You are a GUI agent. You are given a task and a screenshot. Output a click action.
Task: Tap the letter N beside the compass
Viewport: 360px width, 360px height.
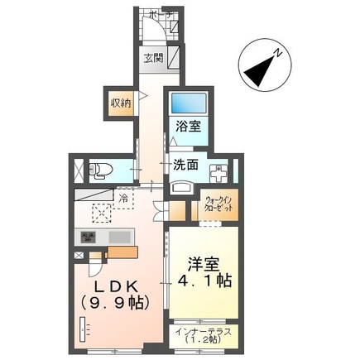click(x=279, y=52)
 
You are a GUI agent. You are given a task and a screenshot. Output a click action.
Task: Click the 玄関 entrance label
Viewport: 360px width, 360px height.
click(x=152, y=59)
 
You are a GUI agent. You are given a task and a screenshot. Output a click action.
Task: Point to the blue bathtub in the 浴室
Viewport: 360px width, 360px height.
click(x=185, y=105)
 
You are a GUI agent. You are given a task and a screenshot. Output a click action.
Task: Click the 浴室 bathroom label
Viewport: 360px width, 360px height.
click(x=187, y=127)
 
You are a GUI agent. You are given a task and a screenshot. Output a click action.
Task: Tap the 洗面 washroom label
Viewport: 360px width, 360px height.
click(x=185, y=165)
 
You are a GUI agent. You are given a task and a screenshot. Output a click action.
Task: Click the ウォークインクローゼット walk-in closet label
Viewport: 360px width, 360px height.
click(x=220, y=204)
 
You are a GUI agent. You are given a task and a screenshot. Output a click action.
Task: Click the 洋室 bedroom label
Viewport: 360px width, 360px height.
click(x=202, y=264)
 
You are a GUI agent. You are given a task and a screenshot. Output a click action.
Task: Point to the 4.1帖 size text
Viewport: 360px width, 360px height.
click(x=202, y=282)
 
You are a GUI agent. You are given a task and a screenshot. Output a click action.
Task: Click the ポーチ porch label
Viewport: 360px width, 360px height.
click(x=160, y=14)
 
